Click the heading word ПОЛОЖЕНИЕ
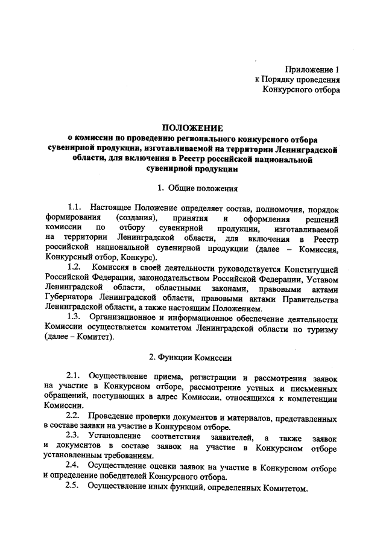point(192,128)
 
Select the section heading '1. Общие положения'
point(193,188)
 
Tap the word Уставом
point(322,277)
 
